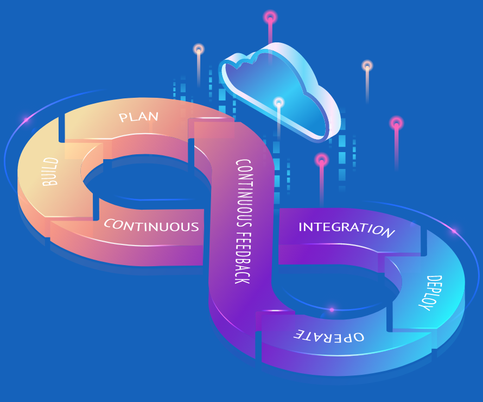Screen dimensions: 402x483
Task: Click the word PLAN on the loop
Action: [138, 116]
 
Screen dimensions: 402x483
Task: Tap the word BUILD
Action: [50, 172]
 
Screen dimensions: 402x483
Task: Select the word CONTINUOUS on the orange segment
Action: [151, 225]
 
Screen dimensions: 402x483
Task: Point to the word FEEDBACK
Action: [243, 255]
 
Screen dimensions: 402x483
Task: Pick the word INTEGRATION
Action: [346, 229]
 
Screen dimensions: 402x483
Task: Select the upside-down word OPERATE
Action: [329, 335]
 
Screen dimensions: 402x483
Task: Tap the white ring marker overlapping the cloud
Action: [279, 102]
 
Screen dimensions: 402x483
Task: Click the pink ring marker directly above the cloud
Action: [270, 17]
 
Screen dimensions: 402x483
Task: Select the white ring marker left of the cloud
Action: [199, 49]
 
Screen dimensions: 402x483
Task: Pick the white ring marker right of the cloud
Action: [367, 66]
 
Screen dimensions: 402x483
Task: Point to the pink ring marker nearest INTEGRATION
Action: [322, 160]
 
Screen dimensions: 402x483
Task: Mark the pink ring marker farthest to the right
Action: [397, 123]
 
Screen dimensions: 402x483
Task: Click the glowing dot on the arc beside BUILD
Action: [25, 118]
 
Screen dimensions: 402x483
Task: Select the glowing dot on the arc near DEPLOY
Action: [454, 231]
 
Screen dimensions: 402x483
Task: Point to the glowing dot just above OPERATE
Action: [332, 310]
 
